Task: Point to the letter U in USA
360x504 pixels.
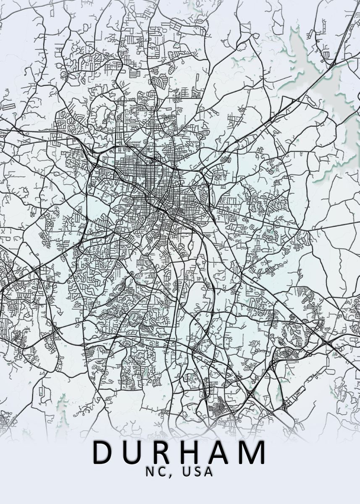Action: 187,472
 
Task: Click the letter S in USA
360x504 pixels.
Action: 197,472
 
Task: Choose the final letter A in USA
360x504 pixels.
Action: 208,472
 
